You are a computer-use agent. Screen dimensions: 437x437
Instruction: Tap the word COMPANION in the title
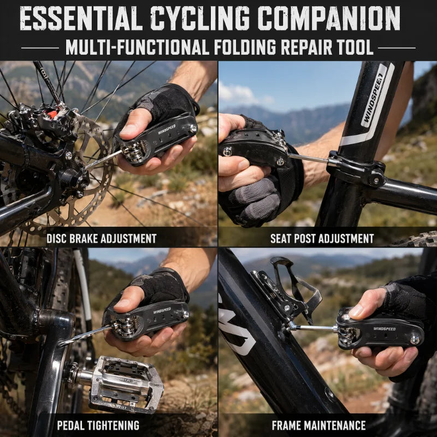(329, 18)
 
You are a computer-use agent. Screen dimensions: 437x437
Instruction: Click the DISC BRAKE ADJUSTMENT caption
(102, 239)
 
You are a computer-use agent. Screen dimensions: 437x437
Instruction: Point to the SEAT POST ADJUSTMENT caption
(322, 239)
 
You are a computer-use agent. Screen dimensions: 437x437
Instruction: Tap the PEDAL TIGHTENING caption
(98, 426)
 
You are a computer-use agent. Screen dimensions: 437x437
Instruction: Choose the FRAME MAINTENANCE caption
(319, 426)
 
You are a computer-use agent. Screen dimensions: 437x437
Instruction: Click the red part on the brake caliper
(52, 114)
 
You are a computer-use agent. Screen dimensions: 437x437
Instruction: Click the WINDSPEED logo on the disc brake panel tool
(167, 129)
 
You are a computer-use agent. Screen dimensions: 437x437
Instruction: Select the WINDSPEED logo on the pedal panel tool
(162, 310)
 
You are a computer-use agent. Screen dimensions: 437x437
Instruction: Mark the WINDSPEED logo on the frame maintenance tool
(385, 329)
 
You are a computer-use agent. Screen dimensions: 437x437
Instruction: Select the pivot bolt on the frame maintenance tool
(415, 340)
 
